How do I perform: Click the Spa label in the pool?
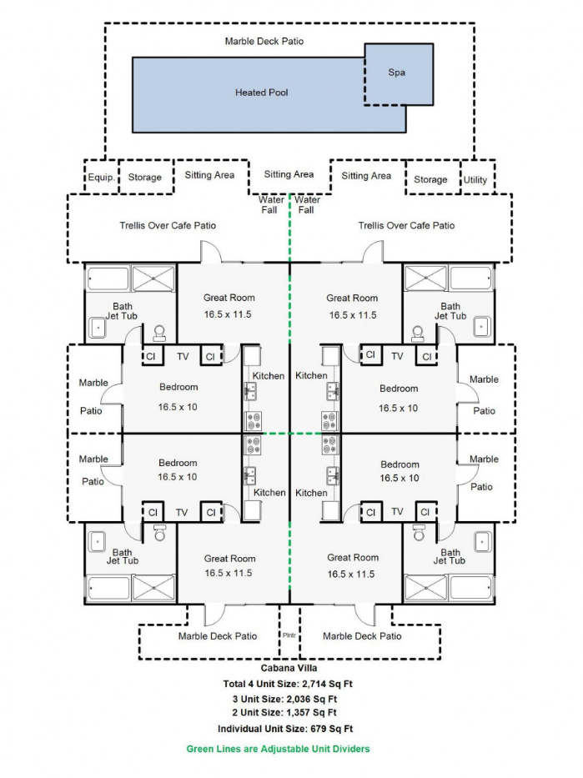(397, 73)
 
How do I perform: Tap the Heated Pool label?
(261, 93)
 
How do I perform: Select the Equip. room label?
(101, 178)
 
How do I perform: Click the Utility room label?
(475, 179)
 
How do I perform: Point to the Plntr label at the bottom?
(289, 635)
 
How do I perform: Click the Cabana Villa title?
(289, 668)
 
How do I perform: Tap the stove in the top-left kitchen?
(253, 419)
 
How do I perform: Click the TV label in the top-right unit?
(397, 356)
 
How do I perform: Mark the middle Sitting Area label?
(289, 174)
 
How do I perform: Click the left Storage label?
(144, 178)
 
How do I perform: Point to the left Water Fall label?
(272, 204)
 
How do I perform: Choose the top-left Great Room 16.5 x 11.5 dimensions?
(229, 314)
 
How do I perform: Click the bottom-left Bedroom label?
(178, 463)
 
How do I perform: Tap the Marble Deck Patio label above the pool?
(264, 41)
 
